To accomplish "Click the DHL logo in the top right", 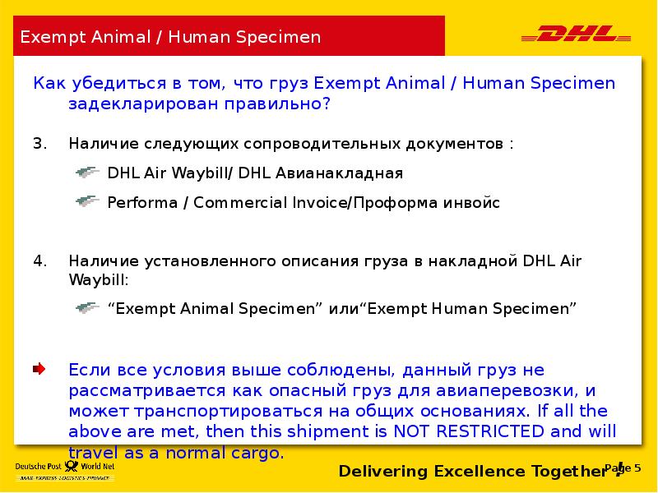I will (576, 35).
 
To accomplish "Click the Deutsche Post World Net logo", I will (63, 470).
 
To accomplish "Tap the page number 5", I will (627, 468).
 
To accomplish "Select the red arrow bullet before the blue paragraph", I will (39, 369).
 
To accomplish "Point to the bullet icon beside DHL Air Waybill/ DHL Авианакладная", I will (87, 173).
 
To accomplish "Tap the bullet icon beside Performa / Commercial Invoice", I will (87, 201).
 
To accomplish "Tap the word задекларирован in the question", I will (132, 104).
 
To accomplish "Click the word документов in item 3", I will (456, 144).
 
